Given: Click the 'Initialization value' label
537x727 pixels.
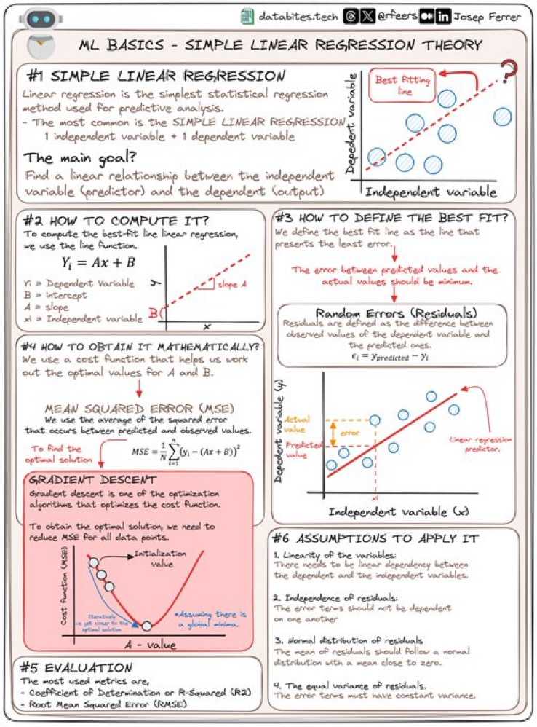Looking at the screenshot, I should [x=161, y=558].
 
